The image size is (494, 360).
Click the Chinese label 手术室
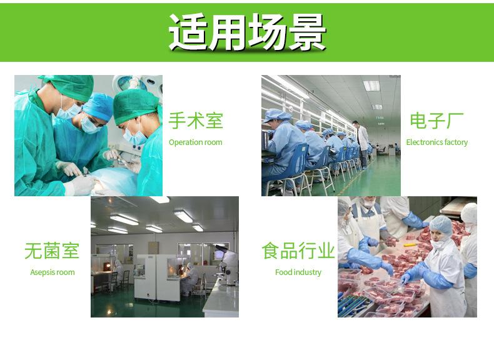click(196, 121)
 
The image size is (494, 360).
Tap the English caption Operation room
click(196, 142)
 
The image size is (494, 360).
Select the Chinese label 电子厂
click(436, 121)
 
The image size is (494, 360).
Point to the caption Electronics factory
click(436, 142)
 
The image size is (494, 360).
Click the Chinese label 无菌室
click(52, 251)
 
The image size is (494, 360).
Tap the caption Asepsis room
click(52, 272)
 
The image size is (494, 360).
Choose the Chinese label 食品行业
click(298, 251)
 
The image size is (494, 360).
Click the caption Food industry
click(298, 272)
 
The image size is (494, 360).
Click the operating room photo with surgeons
click(88, 136)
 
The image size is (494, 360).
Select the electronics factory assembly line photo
click(331, 136)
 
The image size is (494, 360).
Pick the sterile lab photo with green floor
click(164, 256)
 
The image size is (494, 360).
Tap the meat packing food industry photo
click(407, 256)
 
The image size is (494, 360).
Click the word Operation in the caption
click(186, 142)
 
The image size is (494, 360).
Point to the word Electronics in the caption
click(425, 142)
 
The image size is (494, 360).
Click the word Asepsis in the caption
click(43, 272)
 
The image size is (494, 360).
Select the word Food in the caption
click(283, 272)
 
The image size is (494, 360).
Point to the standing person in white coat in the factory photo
click(362, 142)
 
